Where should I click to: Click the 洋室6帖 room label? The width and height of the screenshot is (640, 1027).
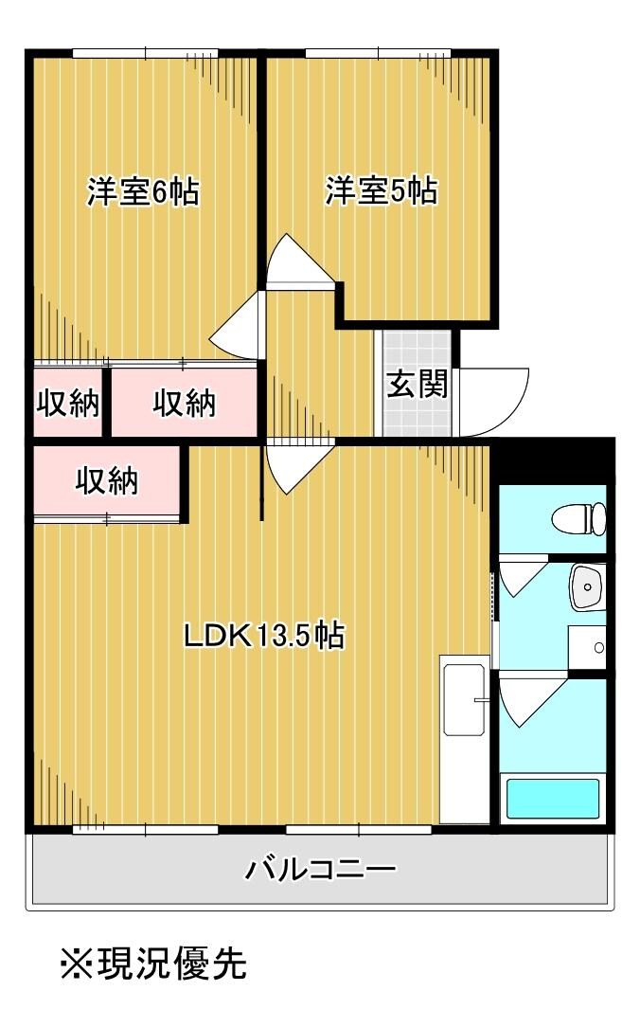[143, 191]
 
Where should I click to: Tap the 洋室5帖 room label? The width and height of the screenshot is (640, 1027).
[381, 191]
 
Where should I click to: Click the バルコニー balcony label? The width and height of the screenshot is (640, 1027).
[320, 868]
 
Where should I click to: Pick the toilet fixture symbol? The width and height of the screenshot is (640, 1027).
[579, 518]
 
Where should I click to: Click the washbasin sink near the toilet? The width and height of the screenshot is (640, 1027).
[587, 586]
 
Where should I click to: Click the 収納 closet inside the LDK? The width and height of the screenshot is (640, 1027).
[107, 481]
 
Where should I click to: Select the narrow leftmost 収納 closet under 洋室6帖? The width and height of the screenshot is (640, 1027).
[68, 404]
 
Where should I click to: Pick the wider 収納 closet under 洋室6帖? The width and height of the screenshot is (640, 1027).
[185, 404]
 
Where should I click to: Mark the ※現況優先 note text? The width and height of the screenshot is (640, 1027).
[153, 964]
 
